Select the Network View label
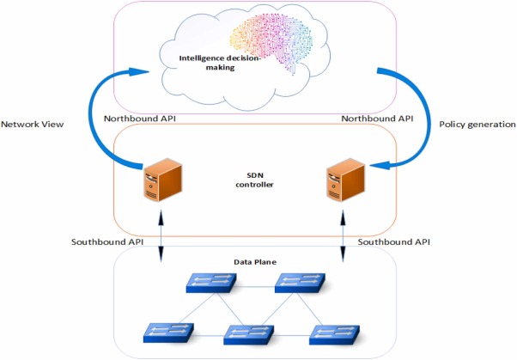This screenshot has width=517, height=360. (33, 125)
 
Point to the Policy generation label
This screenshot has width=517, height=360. (477, 125)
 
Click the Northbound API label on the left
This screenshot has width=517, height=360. (138, 117)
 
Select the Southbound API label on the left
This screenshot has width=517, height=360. (108, 241)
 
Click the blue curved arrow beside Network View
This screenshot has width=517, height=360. (100, 120)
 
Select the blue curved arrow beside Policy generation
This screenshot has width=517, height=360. (413, 120)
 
